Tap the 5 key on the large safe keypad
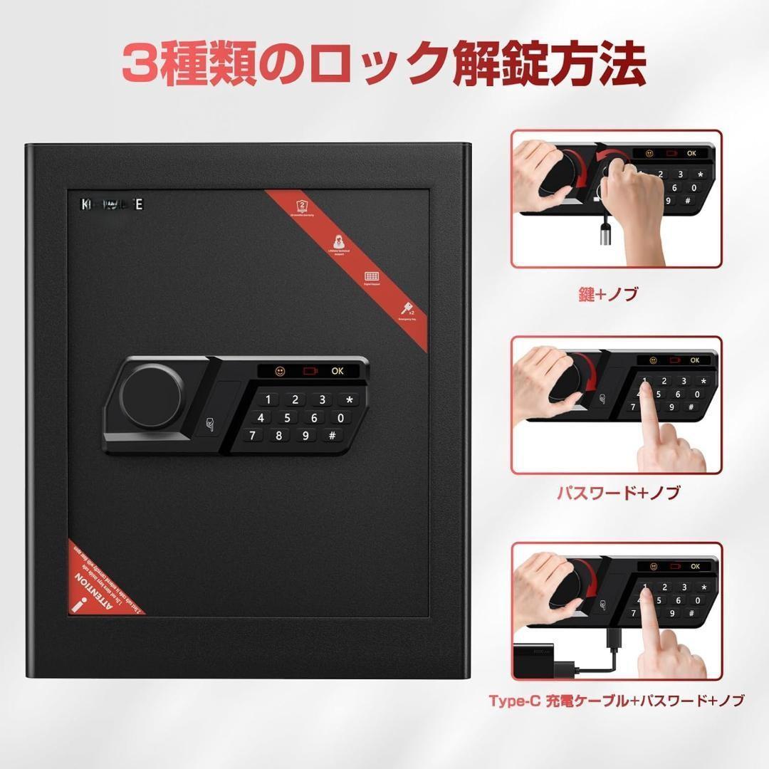tap(287, 418)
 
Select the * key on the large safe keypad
tap(349, 400)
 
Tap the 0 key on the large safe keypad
tap(340, 418)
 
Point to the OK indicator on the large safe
tap(337, 370)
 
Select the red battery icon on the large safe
tap(309, 370)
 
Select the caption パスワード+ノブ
tap(617, 492)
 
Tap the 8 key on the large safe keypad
tap(279, 436)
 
